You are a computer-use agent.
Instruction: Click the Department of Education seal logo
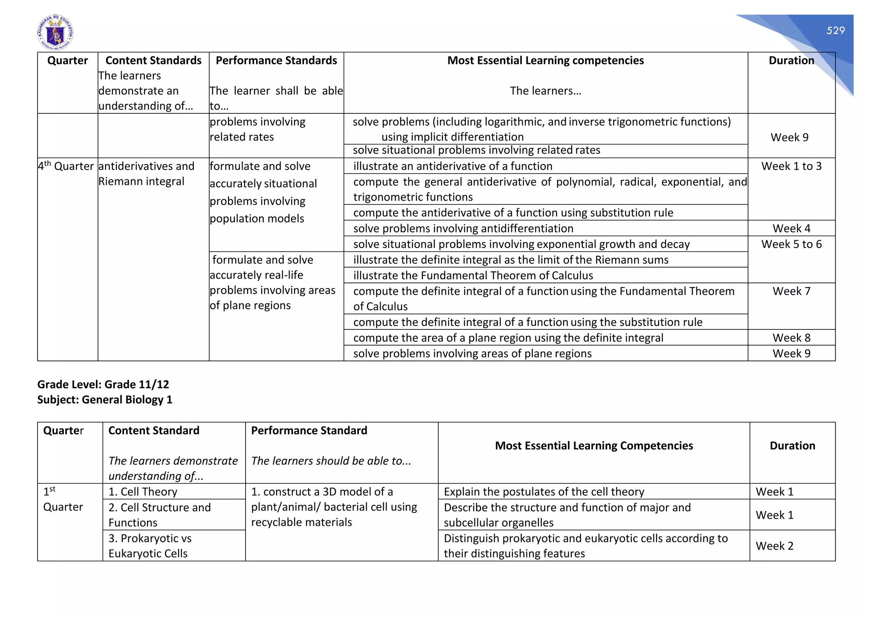55,33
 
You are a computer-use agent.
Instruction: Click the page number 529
835,31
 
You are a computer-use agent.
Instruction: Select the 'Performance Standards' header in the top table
276,61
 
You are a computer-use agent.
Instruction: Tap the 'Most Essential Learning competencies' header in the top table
545,61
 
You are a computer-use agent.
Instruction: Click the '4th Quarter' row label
66,166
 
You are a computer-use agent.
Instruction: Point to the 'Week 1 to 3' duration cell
791,166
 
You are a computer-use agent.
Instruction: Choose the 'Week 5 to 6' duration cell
791,244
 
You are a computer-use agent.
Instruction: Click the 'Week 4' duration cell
791,228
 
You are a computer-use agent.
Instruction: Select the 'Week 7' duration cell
791,291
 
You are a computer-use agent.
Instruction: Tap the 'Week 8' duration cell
791,338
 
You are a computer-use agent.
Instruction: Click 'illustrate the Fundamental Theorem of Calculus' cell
473,276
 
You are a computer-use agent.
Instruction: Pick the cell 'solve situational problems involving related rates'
476,150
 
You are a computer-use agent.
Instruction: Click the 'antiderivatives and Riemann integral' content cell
146,174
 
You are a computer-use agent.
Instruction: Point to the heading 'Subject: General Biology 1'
105,400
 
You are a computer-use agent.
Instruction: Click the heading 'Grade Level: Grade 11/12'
103,384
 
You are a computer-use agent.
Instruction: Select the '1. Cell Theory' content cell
143,492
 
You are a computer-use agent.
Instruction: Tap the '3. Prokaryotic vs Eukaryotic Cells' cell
150,546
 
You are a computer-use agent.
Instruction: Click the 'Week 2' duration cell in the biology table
774,546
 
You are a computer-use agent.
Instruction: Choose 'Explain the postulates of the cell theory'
544,492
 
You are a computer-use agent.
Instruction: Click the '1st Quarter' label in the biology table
63,499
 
